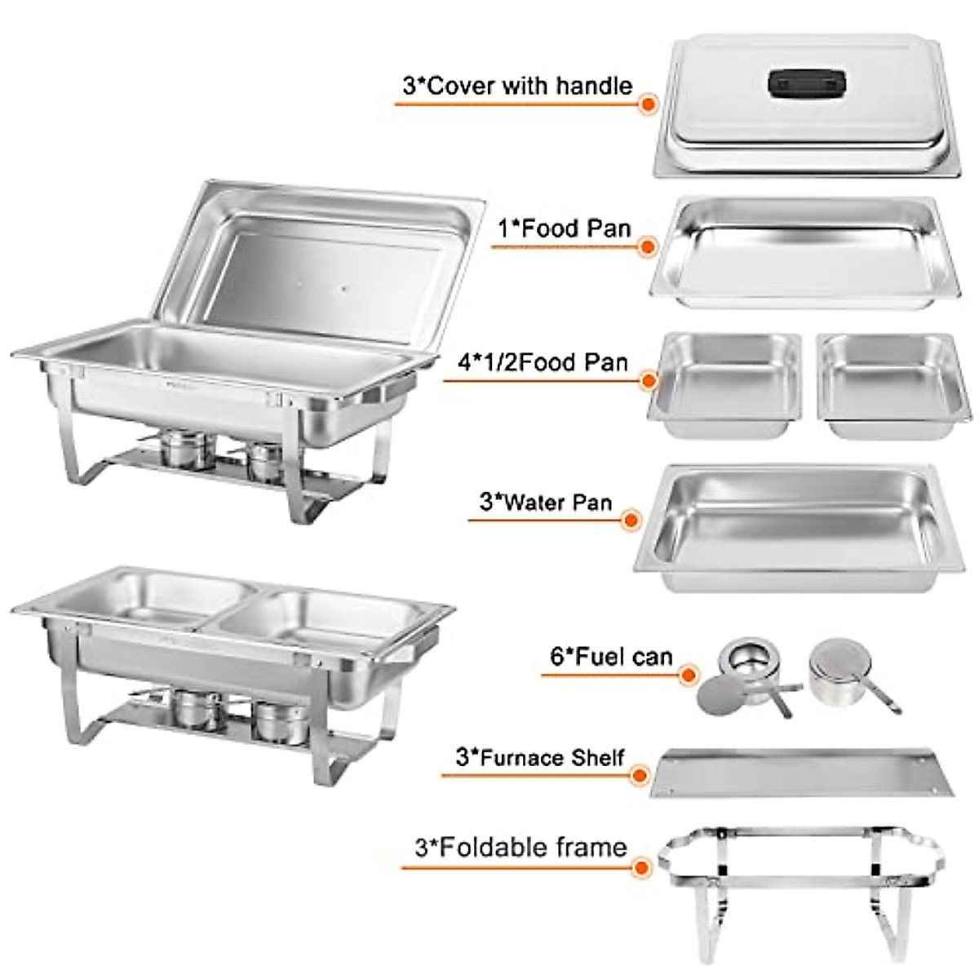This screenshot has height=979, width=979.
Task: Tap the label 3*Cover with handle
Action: click(x=517, y=86)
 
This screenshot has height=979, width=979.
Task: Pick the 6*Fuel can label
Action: click(x=612, y=657)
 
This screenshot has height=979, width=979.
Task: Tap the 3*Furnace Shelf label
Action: click(x=540, y=757)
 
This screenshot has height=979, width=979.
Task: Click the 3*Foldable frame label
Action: click(x=521, y=847)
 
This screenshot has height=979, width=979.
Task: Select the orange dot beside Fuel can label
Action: click(x=689, y=676)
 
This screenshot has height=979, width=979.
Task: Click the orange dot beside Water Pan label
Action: click(x=631, y=520)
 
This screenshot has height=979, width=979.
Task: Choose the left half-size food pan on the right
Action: click(x=724, y=383)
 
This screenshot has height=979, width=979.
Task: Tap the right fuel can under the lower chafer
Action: click(x=280, y=721)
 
